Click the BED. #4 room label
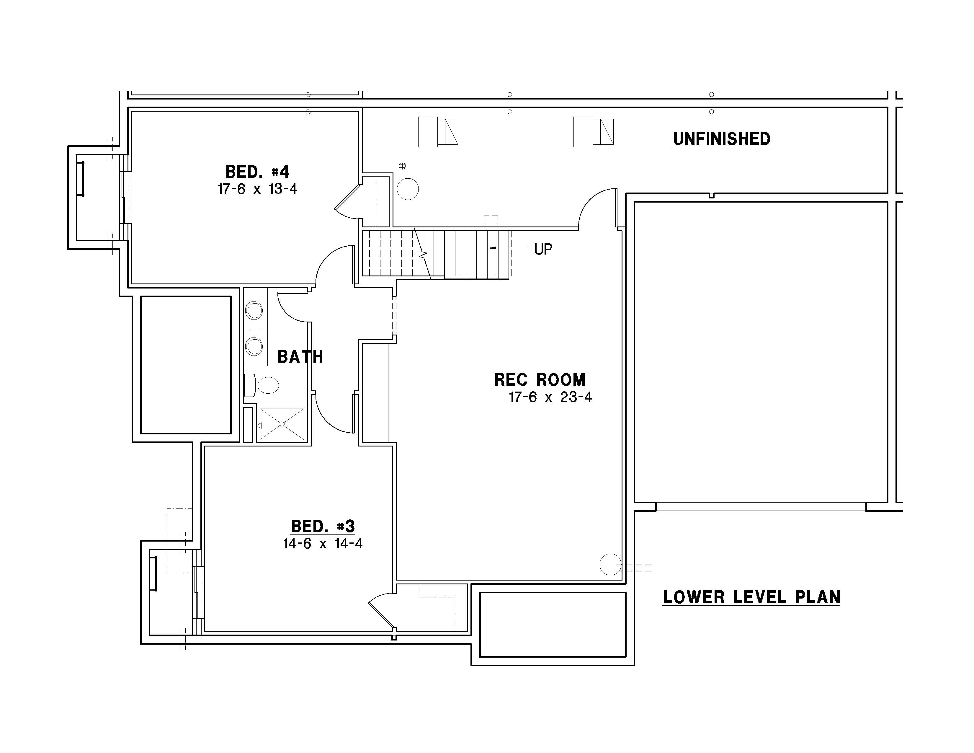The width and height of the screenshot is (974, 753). coord(257,172)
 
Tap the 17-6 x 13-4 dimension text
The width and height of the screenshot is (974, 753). coord(257,189)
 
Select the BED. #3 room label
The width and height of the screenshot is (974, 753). coord(323,527)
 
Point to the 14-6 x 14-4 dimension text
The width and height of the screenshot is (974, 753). coord(323,544)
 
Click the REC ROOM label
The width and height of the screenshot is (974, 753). coord(540,380)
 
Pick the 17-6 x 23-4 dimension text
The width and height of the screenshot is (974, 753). coord(550,397)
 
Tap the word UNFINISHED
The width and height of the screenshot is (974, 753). coord(722,139)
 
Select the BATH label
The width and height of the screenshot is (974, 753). coord(300,357)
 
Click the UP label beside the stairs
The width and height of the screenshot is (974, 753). coord(543,249)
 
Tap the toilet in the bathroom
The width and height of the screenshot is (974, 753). coord(262,385)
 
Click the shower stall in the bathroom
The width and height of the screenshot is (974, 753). coord(282,423)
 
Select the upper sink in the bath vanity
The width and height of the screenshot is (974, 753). coord(254,310)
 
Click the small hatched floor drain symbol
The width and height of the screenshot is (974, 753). coord(402,166)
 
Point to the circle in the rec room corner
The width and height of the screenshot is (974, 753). coord(611,564)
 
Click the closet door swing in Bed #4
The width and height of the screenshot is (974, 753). coord(347,196)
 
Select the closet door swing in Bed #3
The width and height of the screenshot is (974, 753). coord(380,610)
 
